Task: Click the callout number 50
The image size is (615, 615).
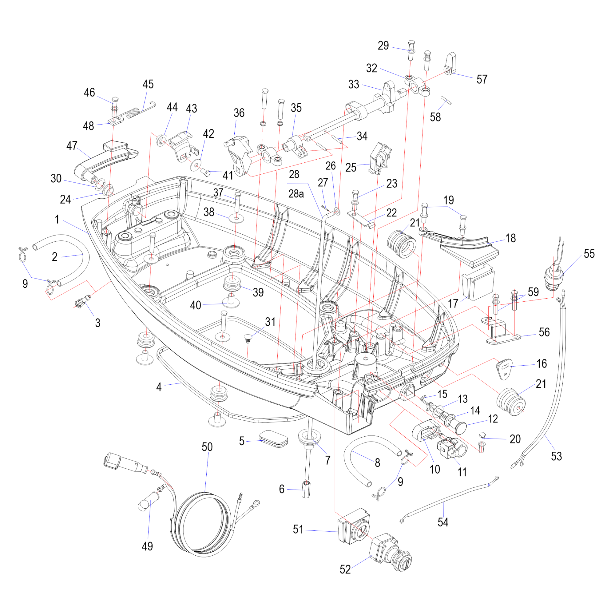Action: pyautogui.click(x=207, y=447)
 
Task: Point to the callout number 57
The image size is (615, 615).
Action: pyautogui.click(x=482, y=79)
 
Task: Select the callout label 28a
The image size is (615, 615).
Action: pyautogui.click(x=296, y=193)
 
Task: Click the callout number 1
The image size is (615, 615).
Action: pyautogui.click(x=57, y=219)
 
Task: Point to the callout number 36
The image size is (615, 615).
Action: pyautogui.click(x=239, y=113)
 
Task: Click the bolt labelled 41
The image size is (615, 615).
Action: pyautogui.click(x=205, y=173)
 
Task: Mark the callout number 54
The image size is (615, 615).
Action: pyautogui.click(x=443, y=522)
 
